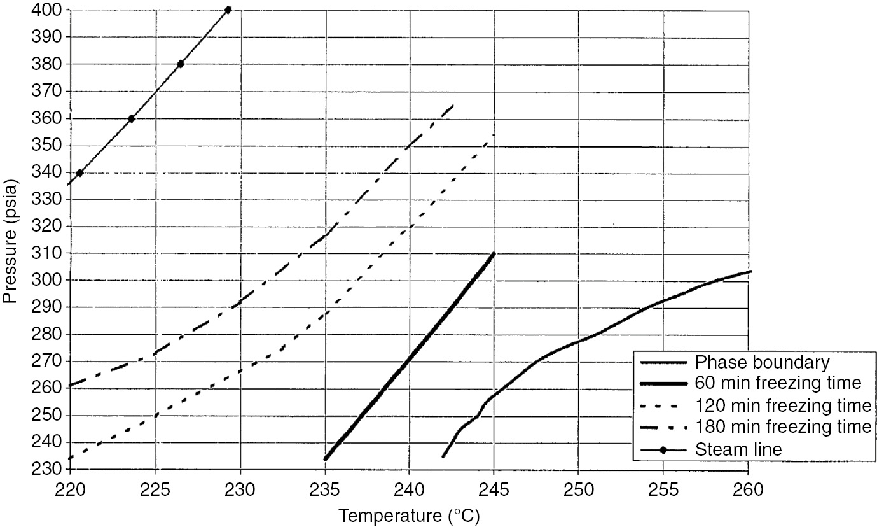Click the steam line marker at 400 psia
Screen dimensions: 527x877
[x=228, y=10]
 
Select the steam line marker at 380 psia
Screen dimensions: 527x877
[x=181, y=64]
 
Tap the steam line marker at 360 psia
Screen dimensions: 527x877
[x=131, y=118]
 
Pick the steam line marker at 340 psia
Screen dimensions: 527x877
[x=79, y=172]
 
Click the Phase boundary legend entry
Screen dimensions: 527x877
[x=763, y=363]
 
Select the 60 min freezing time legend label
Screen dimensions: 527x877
[x=778, y=383]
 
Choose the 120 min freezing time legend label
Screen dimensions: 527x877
[x=782, y=405]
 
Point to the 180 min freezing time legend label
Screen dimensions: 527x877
[x=782, y=426]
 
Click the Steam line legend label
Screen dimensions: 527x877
[x=738, y=448]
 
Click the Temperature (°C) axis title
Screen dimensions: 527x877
[x=408, y=513]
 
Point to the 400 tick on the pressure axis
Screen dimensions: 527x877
[x=50, y=10]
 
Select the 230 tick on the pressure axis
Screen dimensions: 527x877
[x=50, y=469]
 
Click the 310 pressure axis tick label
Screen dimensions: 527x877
[x=50, y=253]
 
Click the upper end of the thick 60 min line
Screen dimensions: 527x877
[x=494, y=253]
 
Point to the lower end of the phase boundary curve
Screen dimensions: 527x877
[x=443, y=456]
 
